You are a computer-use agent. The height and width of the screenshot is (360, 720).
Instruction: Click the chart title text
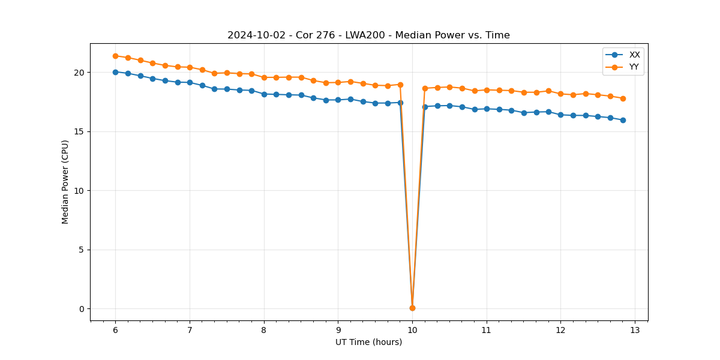click(x=368, y=35)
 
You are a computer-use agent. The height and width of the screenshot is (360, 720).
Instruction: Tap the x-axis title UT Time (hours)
click(x=368, y=342)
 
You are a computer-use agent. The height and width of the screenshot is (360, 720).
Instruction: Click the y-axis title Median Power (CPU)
click(x=65, y=182)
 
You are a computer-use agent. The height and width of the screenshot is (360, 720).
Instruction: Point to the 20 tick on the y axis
click(x=79, y=73)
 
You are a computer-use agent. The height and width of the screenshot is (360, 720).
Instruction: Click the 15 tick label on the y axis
click(x=79, y=131)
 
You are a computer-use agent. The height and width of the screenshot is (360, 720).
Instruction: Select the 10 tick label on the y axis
click(x=79, y=191)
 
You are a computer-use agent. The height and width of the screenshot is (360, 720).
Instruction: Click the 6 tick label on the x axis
click(x=115, y=330)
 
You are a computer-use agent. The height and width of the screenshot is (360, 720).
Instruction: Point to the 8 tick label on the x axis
click(x=264, y=330)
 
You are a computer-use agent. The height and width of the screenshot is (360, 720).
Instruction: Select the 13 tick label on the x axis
click(x=635, y=330)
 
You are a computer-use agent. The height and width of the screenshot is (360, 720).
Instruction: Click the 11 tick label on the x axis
click(x=486, y=330)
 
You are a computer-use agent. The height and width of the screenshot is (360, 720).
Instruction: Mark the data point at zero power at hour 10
click(x=412, y=308)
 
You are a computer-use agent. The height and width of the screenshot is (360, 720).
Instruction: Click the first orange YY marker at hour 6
click(x=115, y=56)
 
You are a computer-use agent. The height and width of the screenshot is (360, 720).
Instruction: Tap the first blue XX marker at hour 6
click(x=115, y=72)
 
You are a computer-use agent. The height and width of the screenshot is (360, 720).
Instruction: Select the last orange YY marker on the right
click(x=623, y=98)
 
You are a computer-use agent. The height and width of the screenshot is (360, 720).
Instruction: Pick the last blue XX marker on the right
click(x=623, y=120)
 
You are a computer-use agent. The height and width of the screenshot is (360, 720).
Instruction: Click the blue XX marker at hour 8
click(x=264, y=94)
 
